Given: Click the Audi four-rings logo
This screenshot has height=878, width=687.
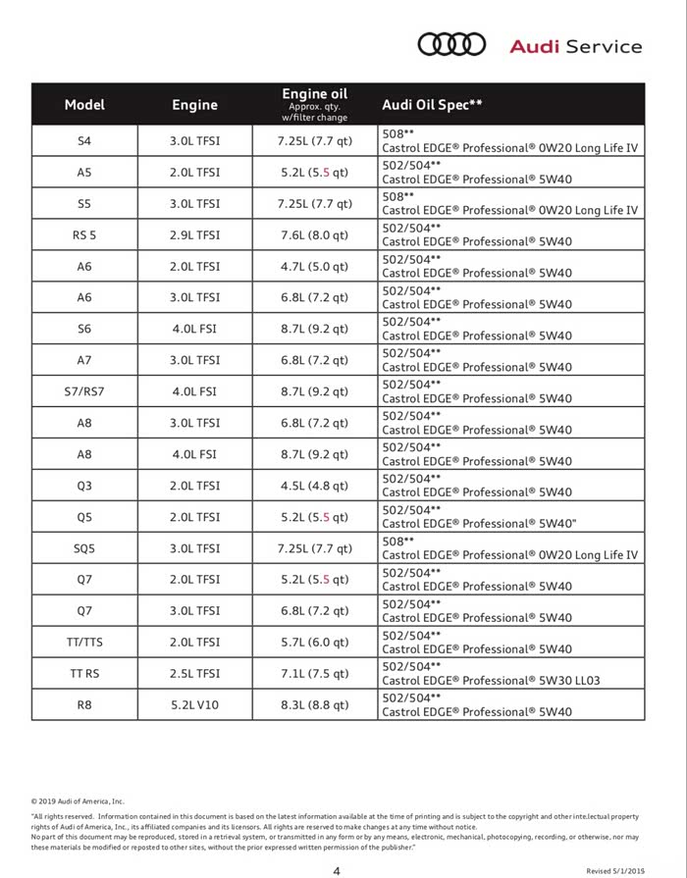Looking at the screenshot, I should click(x=451, y=44).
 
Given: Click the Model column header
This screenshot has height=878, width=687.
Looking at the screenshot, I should click(x=84, y=104).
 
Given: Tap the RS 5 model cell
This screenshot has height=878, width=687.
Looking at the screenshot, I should click(x=84, y=235).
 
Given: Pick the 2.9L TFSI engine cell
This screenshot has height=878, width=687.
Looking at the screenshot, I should click(x=195, y=235).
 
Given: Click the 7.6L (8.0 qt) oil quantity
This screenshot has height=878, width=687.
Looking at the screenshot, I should click(x=314, y=235).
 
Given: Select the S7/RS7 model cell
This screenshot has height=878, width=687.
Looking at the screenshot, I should click(x=84, y=391).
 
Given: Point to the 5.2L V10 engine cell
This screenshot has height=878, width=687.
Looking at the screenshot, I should click(x=195, y=704).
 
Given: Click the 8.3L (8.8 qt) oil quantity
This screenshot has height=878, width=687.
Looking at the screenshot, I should click(x=314, y=704).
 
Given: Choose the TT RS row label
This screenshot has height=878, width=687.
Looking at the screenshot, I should click(x=84, y=674).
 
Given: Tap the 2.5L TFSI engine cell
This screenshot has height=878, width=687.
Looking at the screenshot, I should click(x=195, y=674).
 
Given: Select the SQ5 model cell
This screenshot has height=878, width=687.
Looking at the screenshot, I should click(x=84, y=548).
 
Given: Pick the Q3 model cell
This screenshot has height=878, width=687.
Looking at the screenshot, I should click(x=84, y=486).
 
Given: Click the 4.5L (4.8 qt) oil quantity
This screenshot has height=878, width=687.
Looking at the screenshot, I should click(x=314, y=486).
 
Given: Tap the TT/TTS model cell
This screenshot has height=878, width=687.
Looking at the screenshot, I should click(x=84, y=643).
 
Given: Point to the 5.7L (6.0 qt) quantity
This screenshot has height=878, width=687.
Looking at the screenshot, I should click(x=314, y=643).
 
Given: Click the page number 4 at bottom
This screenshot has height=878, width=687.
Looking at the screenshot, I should click(x=337, y=870).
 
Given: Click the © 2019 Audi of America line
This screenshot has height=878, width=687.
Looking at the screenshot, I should click(x=78, y=801).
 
